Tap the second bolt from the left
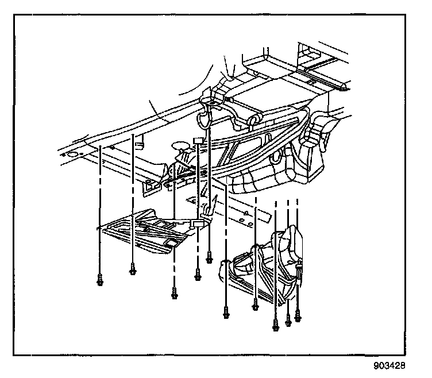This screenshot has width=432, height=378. tap(133, 267)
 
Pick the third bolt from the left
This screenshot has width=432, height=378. tap(173, 294)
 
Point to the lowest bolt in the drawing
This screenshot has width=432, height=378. tap(276, 328)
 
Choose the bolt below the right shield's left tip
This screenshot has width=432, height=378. tap(226, 313)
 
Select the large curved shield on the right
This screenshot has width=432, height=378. tap(270, 267)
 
